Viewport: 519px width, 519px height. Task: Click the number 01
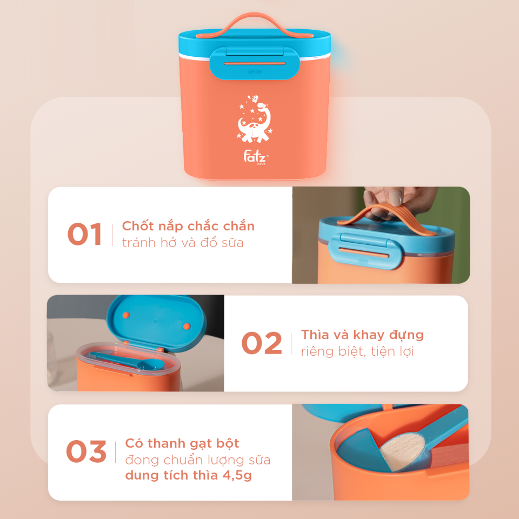(x=84, y=234)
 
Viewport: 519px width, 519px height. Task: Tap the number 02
(x=262, y=343)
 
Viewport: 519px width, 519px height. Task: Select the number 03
(x=86, y=451)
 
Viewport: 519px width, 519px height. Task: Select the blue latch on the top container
(x=255, y=63)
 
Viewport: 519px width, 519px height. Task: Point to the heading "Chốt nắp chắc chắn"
(x=188, y=226)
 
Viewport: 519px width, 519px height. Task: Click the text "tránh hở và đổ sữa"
(x=183, y=243)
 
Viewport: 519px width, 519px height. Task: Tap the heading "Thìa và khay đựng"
(x=362, y=335)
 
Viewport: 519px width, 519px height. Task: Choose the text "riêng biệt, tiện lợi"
(x=357, y=351)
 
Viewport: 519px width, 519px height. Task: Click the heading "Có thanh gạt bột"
(x=182, y=443)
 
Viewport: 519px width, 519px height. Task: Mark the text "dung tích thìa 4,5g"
(x=188, y=475)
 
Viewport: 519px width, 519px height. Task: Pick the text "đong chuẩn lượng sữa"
(x=198, y=460)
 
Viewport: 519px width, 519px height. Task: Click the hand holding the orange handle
(x=397, y=202)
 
